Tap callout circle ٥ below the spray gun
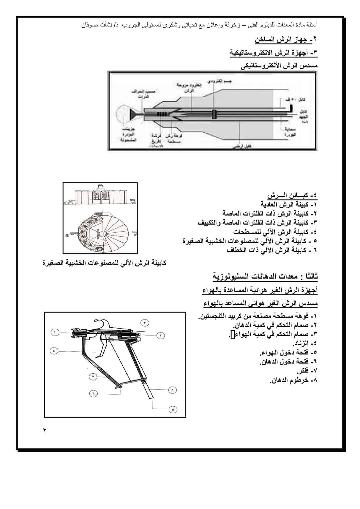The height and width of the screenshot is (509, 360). click(172, 409)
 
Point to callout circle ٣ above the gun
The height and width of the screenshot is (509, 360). click(145, 323)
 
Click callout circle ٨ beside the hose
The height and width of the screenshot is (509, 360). click(172, 389)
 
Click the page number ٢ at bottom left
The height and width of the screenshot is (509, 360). click(45, 431)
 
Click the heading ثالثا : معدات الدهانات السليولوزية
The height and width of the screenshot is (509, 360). click(265, 276)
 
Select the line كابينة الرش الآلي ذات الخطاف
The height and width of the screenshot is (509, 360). click(271, 250)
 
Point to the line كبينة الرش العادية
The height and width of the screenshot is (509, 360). click(289, 204)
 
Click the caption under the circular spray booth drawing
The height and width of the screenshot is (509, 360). click(105, 263)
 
